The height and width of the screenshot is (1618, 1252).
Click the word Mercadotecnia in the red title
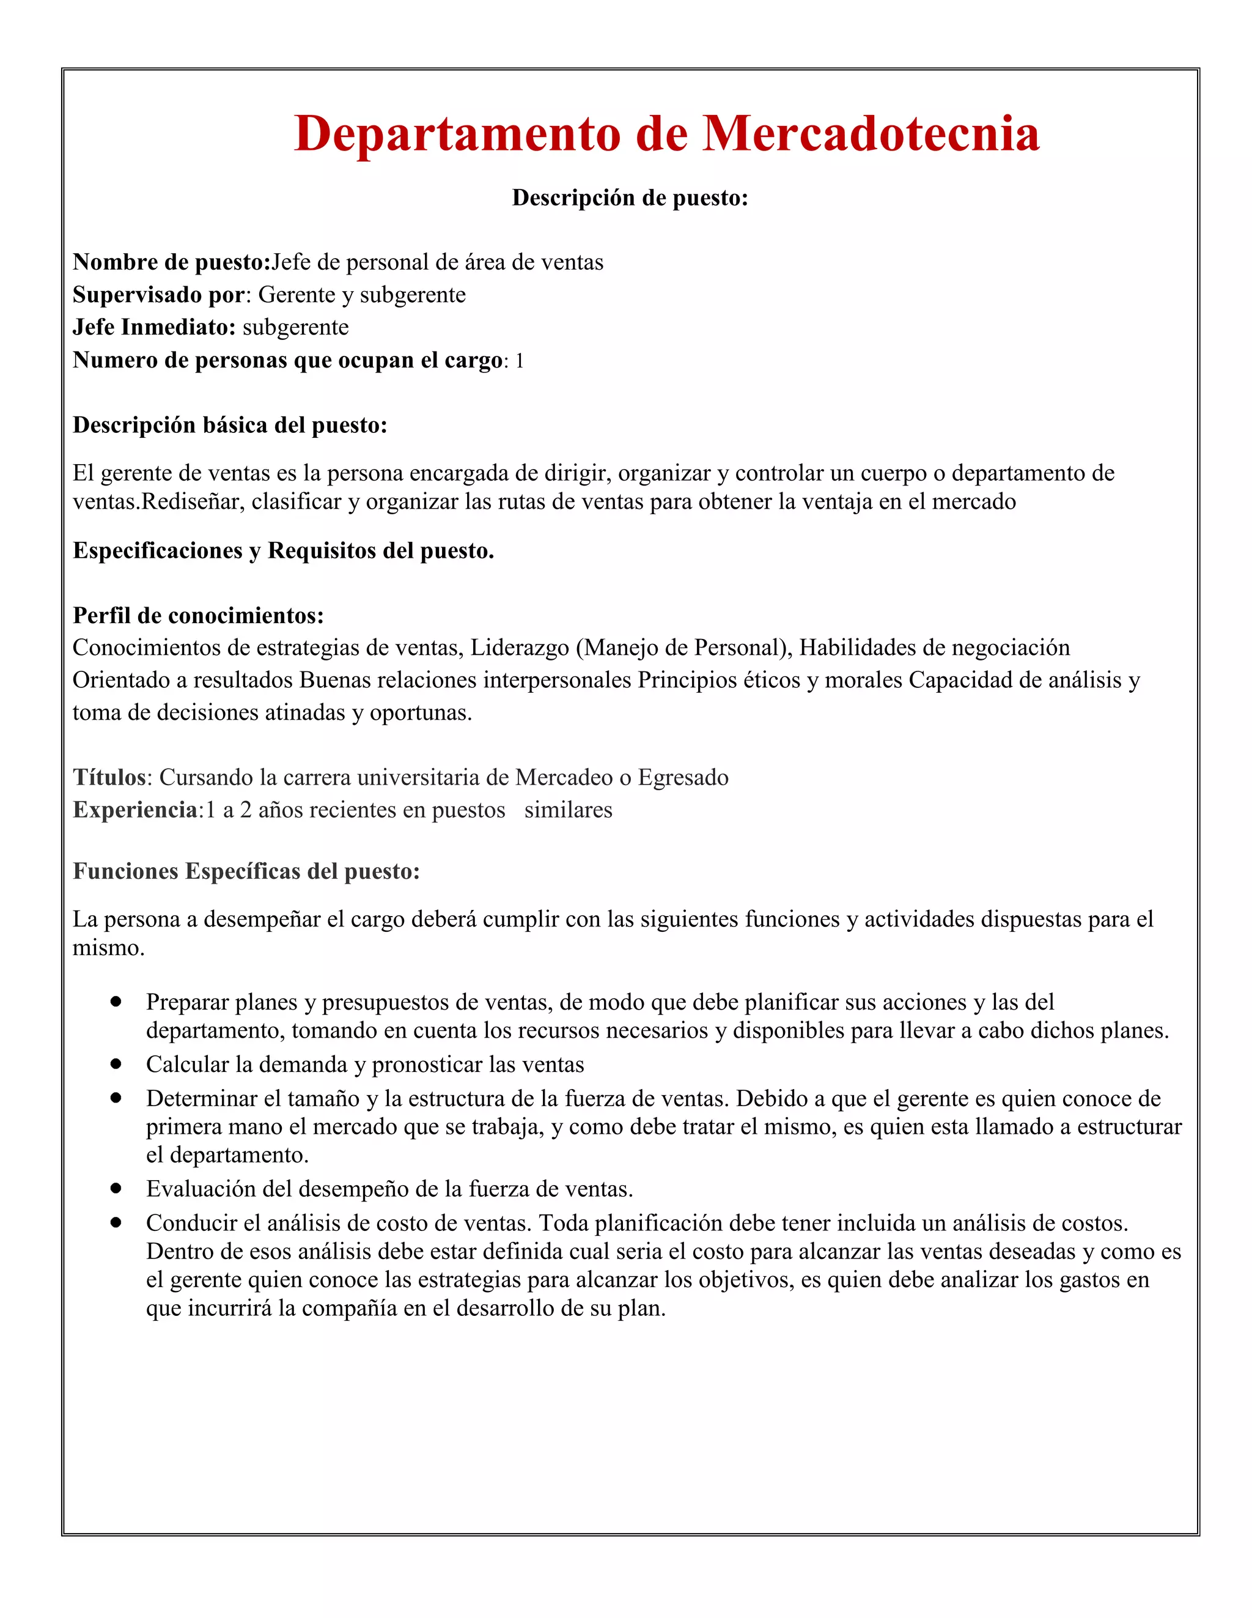pos(871,134)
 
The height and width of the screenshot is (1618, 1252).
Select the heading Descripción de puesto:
pos(630,198)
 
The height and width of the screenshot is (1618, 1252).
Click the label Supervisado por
pos(158,295)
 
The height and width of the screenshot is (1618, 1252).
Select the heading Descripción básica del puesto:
pos(230,425)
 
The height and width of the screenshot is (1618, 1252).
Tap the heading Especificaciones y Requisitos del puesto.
pos(283,550)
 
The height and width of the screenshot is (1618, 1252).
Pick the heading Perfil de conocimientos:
pos(198,616)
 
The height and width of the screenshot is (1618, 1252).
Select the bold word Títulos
pos(109,777)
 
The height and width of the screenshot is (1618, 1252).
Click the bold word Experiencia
pos(135,810)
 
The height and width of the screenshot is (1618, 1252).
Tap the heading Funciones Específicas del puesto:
pos(246,871)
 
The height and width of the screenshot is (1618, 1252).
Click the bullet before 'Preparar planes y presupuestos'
pos(116,1001)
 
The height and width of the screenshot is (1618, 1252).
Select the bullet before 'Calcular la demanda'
pos(116,1064)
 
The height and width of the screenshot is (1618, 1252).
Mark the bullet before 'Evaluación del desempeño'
pos(116,1188)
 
